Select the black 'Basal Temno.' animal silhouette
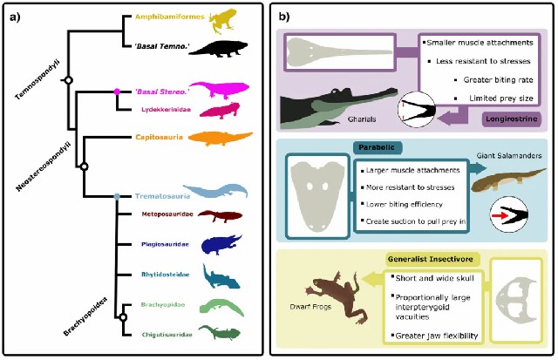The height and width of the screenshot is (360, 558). pos(229,47)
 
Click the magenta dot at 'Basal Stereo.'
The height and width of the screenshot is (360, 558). pos(117,91)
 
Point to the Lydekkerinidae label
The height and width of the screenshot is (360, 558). pos(169,109)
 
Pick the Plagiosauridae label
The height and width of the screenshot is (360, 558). pos(167,246)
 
